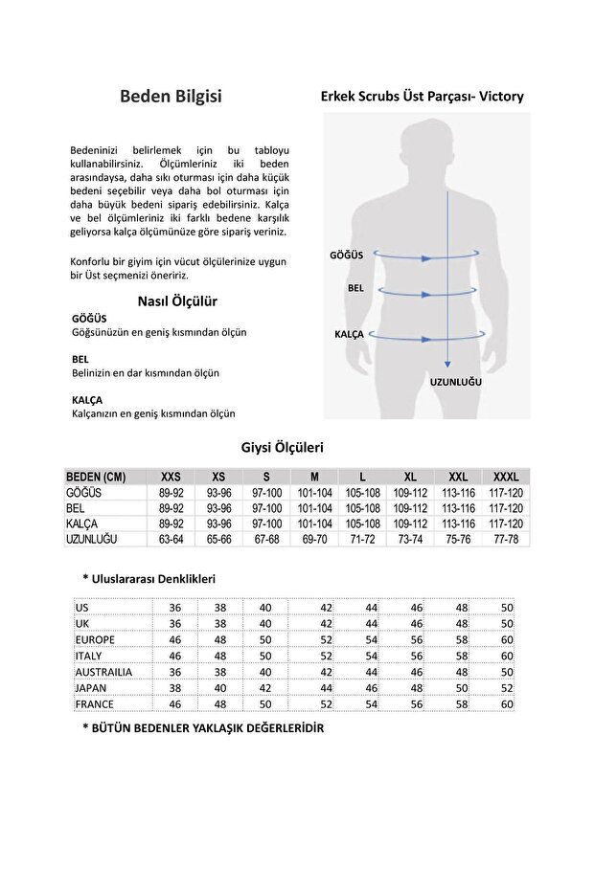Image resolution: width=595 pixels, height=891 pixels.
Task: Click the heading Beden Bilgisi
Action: click(x=171, y=97)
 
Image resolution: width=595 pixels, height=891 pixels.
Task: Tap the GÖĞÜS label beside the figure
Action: click(x=346, y=255)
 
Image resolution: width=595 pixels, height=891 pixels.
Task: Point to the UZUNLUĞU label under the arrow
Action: click(x=455, y=381)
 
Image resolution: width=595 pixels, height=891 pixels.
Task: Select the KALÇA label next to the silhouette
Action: click(x=349, y=335)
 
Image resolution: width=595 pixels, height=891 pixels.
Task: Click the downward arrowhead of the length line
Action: click(x=447, y=364)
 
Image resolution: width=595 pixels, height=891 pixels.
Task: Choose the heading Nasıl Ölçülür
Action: click(x=177, y=301)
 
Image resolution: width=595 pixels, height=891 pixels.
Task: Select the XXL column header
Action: click(x=458, y=477)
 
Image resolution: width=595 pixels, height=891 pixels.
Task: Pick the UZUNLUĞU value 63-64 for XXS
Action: click(x=171, y=540)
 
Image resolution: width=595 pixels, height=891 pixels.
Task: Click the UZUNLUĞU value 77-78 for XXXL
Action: click(x=506, y=540)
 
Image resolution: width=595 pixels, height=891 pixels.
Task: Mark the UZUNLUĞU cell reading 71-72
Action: click(x=362, y=540)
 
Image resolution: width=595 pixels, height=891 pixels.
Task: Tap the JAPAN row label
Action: click(x=91, y=687)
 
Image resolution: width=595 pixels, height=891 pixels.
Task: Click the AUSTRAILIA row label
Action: click(x=103, y=672)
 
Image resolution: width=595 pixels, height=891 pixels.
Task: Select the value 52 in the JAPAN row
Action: click(x=507, y=687)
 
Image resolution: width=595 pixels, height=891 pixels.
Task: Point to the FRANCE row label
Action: click(x=94, y=703)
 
